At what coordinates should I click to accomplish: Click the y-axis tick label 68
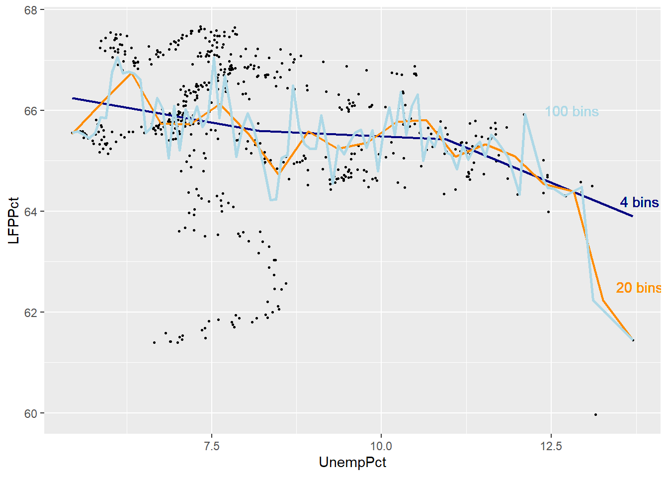(31, 10)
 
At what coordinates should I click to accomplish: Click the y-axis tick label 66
(31, 111)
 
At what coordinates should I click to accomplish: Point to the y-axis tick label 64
(31, 212)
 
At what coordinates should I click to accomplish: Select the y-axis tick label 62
(31, 313)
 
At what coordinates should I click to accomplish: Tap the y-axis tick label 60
(31, 413)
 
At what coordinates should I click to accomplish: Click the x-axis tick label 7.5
(212, 446)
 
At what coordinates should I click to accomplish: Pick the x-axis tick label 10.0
(381, 446)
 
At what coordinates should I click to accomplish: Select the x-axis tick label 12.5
(551, 446)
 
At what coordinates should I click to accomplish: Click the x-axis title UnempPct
(352, 463)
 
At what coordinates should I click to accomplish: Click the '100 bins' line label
(572, 111)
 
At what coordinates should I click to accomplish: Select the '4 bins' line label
(639, 203)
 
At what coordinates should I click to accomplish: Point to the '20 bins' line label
(638, 288)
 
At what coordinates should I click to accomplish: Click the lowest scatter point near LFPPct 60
(595, 414)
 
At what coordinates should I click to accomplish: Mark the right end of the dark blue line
(633, 216)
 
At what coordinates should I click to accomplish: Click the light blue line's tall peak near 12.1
(525, 114)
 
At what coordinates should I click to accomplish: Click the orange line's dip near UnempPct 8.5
(278, 173)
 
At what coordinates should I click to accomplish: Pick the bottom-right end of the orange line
(633, 340)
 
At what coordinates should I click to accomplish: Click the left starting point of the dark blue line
(73, 98)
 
